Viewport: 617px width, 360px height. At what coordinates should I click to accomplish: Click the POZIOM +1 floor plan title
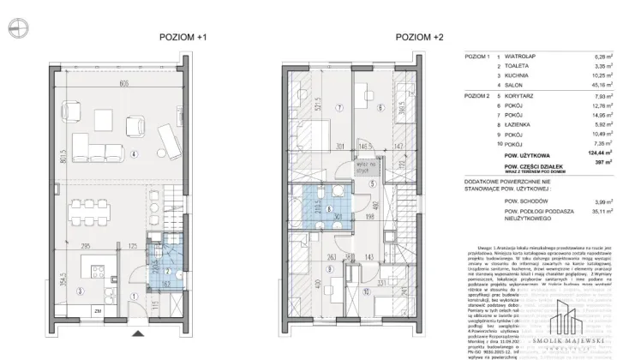tap(183, 38)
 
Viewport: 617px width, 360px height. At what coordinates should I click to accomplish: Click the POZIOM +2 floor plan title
tap(420, 38)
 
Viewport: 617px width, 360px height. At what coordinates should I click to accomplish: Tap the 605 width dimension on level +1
tap(124, 82)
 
